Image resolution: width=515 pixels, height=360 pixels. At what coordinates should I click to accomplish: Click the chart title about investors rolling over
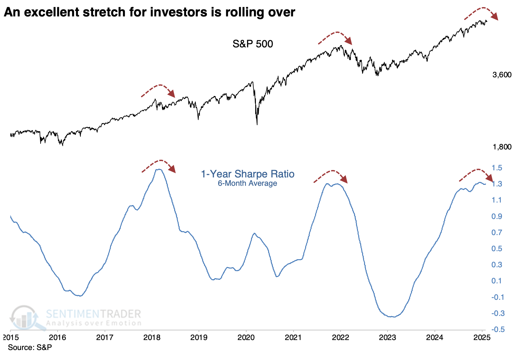149,12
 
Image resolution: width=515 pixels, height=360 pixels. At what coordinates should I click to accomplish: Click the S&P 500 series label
253,44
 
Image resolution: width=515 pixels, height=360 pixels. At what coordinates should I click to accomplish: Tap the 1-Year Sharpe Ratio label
248,174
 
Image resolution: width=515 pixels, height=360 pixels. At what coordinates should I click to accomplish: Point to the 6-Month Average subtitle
247,183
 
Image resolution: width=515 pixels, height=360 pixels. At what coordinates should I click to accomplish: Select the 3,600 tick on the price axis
501,75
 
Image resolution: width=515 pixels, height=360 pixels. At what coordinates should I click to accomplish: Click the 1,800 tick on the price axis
501,147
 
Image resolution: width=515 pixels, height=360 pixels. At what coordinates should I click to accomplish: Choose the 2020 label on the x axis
246,337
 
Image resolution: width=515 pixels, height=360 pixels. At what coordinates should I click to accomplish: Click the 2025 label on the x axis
482,337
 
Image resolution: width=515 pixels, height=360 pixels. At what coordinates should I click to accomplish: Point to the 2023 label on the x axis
388,337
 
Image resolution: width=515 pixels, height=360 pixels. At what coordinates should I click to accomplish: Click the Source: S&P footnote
30,347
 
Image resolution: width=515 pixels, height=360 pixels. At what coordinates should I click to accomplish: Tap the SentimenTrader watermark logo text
93,314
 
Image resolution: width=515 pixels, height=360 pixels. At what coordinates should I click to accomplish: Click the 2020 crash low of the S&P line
257,124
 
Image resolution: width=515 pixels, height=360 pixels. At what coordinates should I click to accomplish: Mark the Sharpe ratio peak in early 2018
159,169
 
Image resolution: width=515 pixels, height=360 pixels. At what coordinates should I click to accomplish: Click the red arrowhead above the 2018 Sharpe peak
173,169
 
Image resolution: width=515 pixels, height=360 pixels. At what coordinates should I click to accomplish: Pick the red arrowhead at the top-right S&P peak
495,17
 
